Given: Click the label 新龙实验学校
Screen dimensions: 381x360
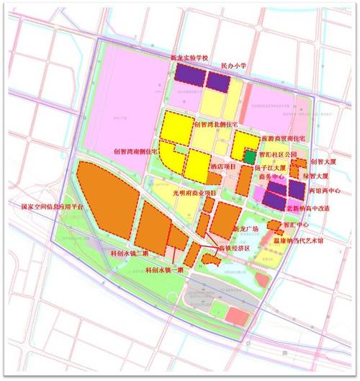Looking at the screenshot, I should [188, 57].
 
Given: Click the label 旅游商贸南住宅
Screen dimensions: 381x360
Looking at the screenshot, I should [282, 137].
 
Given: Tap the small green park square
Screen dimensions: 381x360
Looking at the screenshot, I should [248, 156].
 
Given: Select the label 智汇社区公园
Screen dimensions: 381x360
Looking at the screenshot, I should [276, 154].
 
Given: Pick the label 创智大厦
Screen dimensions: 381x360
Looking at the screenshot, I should [323, 163].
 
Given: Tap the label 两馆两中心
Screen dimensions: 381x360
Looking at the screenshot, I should [323, 192].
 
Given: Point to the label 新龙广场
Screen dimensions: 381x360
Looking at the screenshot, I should [245, 229].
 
